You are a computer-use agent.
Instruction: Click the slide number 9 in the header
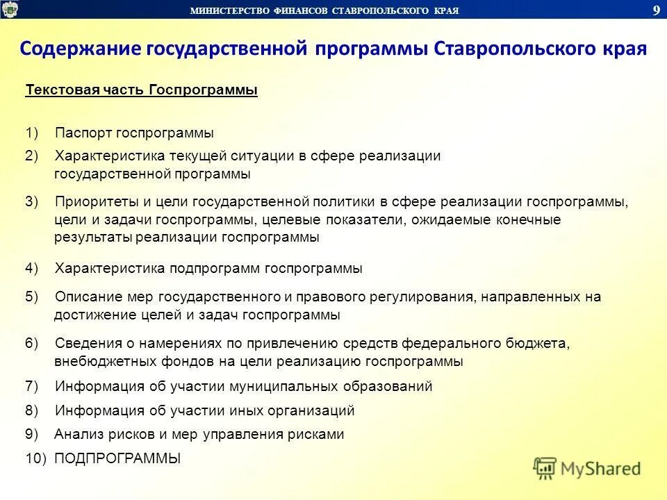point(656,9)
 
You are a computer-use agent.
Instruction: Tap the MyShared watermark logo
point(588,468)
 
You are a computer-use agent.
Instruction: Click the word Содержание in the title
point(80,50)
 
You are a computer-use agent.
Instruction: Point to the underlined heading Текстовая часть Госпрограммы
point(141,91)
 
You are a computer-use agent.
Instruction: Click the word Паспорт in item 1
point(83,133)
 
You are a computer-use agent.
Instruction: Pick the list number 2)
point(33,156)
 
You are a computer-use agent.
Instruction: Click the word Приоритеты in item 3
point(96,202)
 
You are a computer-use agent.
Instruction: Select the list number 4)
point(33,268)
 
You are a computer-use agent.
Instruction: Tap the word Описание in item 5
point(88,297)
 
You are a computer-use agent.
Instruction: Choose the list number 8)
point(33,410)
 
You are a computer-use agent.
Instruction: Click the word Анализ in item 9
point(76,435)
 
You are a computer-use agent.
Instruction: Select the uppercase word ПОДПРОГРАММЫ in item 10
point(117,458)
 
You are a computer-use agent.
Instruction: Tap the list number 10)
point(36,458)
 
